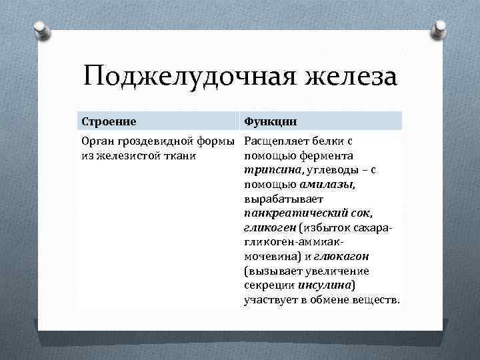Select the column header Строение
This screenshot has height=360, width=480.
pos(109,121)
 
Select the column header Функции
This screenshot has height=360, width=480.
pos(270,121)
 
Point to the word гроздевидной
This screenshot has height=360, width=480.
pos(151,141)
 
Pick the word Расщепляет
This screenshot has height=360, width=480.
pos(275,141)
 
